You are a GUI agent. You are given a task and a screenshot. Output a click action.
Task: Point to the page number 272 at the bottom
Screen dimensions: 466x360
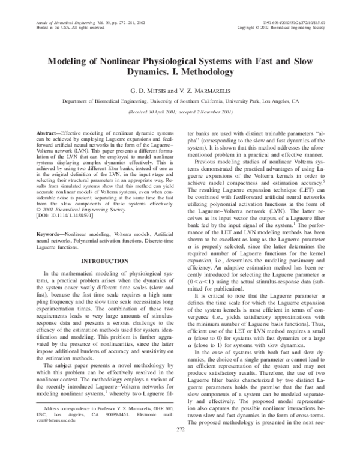180,447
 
